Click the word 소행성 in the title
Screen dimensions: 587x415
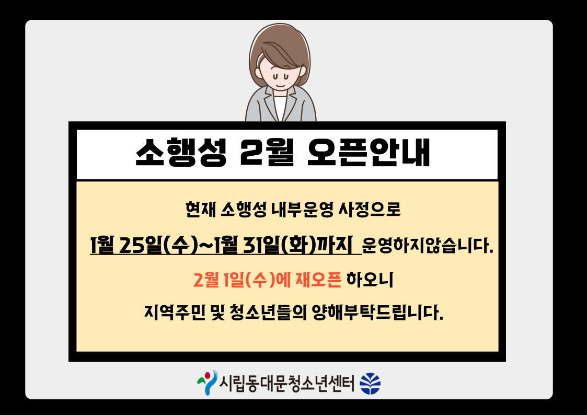181,152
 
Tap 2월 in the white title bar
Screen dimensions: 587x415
267,152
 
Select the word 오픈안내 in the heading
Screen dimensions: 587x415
369,152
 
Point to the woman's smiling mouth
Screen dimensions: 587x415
281,85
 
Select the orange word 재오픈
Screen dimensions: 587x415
318,280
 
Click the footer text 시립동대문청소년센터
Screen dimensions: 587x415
286,384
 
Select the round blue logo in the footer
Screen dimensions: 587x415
370,384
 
